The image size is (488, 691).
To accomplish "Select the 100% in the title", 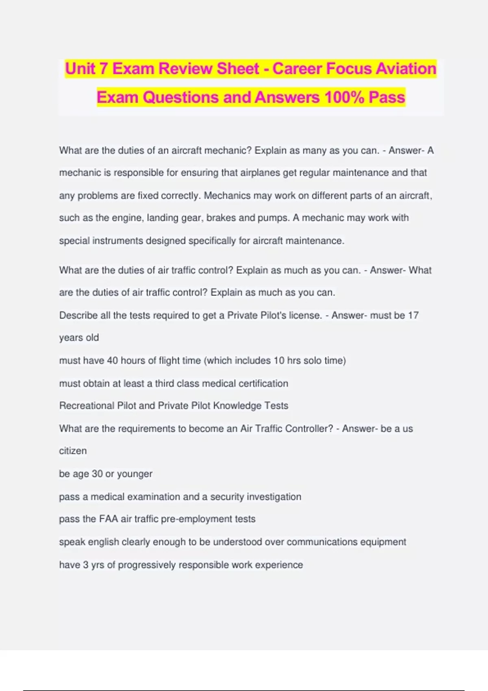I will (344, 98).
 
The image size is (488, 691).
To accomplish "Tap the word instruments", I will (118, 241).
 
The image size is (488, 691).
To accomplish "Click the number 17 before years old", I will (413, 315).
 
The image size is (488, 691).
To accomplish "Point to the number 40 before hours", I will (112, 361).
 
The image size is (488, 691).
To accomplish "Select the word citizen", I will (73, 451).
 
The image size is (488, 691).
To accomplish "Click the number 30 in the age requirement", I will (97, 474).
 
